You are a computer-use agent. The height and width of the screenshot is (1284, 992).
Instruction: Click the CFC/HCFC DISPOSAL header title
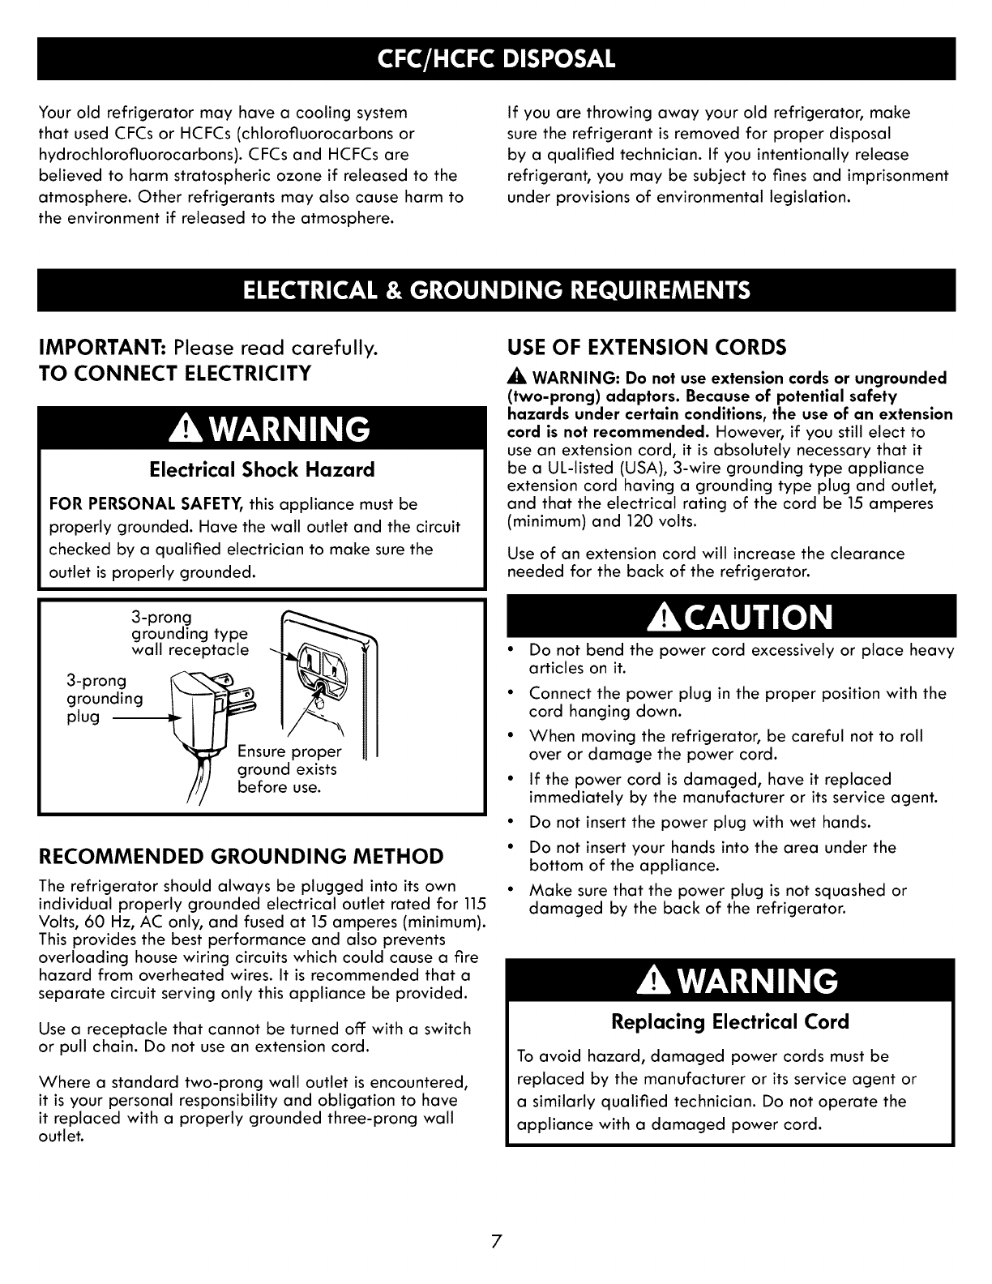coord(496,58)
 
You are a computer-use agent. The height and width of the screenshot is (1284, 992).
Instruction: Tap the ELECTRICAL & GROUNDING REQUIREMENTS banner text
coord(496,290)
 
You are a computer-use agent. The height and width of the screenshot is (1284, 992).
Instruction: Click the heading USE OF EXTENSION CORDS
coord(646,349)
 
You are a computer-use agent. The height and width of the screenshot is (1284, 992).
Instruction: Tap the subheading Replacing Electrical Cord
coord(730,1021)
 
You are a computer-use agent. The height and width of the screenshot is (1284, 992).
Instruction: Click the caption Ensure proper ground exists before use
coord(288,768)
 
